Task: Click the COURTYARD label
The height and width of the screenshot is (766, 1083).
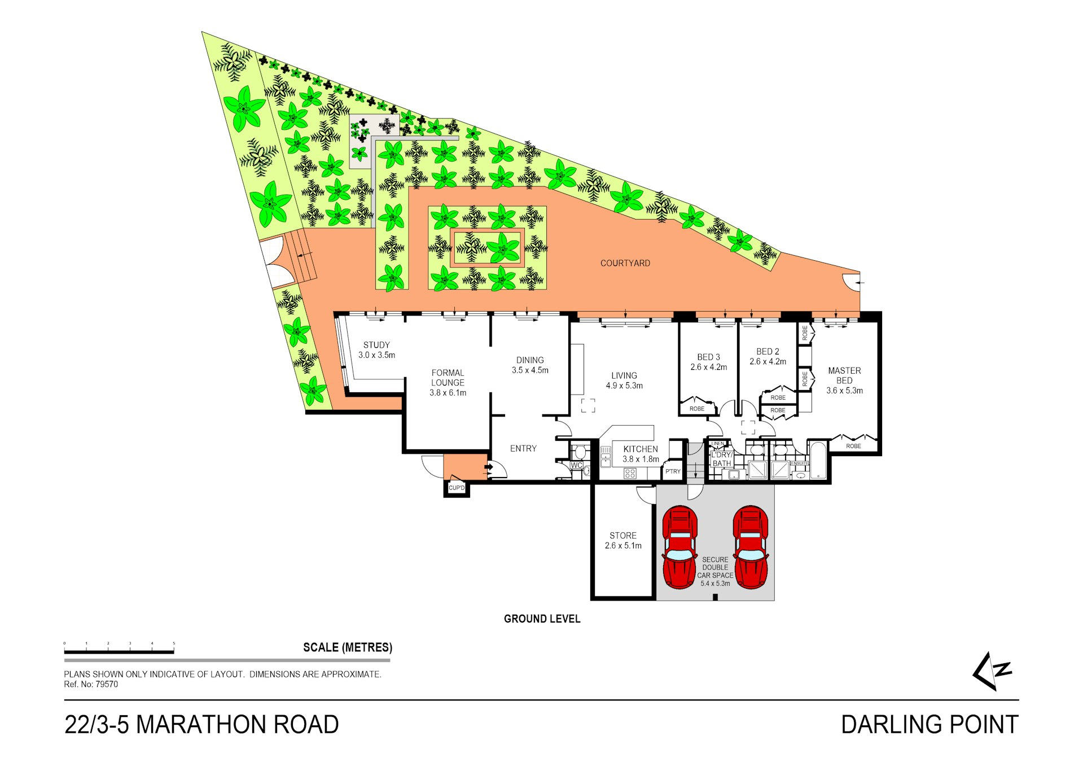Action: coord(625,263)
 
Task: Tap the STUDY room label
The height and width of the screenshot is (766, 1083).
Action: coord(376,350)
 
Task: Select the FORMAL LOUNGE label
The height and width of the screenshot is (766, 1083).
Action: coord(448,383)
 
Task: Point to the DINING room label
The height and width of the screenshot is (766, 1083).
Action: coord(530,365)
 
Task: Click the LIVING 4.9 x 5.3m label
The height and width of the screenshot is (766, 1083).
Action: coord(624,380)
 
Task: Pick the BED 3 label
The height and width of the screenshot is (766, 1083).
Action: coord(708,362)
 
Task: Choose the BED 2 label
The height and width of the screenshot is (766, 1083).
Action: coord(768,356)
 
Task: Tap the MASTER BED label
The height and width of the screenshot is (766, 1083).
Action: coord(844,380)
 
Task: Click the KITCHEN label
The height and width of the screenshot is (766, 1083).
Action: coord(641,454)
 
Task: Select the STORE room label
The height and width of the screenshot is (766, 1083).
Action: coord(623,540)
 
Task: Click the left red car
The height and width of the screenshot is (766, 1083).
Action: coord(679,547)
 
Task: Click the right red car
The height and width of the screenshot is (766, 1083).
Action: coord(751,547)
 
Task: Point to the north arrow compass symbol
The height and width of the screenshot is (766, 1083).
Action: coord(992,671)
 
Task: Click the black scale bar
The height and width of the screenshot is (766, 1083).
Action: coord(119,652)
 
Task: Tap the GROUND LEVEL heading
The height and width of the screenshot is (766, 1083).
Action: coord(542,619)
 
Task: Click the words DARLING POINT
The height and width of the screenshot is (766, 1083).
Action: coord(929,724)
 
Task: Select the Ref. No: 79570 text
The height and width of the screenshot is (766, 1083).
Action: coord(91,684)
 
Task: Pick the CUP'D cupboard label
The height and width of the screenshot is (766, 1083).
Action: coord(457,488)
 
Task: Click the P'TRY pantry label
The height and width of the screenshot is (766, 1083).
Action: coord(673,471)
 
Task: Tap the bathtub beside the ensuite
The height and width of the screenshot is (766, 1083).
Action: coord(818,461)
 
